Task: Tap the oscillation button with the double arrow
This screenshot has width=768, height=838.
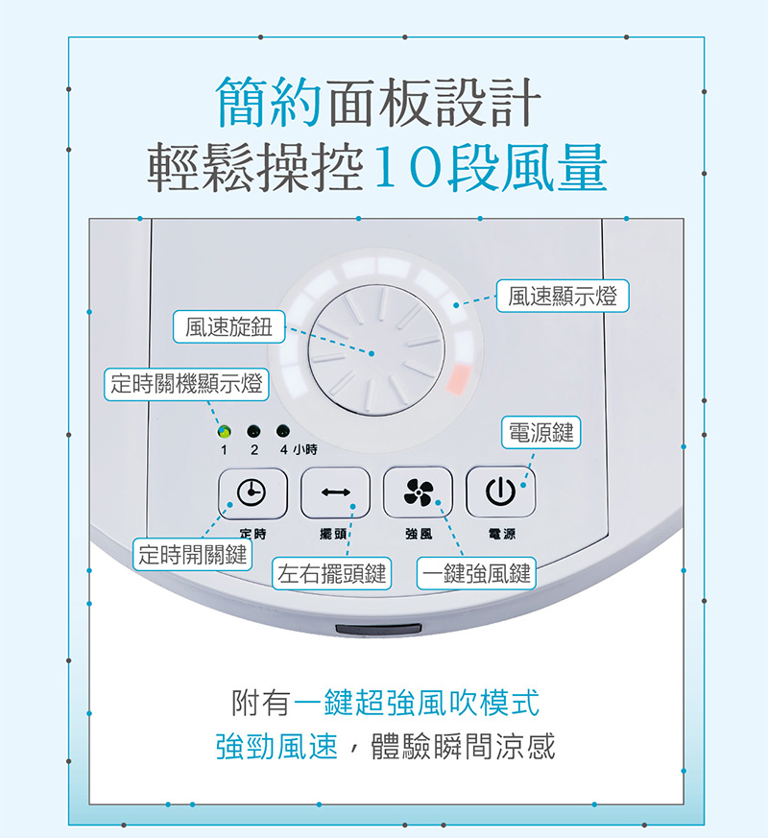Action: tap(336, 492)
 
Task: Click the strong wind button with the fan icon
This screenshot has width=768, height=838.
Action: tap(418, 492)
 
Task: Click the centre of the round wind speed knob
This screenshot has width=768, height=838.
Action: tap(376, 350)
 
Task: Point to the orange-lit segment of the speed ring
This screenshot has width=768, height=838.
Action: tap(459, 379)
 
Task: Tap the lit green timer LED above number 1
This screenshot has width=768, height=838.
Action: tap(225, 431)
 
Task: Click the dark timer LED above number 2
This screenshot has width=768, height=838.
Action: tap(253, 431)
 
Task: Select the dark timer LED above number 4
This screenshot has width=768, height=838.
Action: tap(283, 430)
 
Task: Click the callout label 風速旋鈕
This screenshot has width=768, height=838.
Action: tap(229, 326)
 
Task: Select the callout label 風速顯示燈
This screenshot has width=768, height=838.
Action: tap(563, 296)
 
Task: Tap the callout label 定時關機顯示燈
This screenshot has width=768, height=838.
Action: tap(186, 384)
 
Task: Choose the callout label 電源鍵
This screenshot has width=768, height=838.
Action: tap(540, 432)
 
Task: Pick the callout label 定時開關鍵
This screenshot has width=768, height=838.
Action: tap(192, 555)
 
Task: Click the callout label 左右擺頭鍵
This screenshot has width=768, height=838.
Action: tap(332, 573)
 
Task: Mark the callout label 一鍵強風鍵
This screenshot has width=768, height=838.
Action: tap(476, 573)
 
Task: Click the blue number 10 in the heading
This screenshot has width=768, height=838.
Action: tap(409, 167)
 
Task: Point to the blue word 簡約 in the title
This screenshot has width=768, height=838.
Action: tap(268, 102)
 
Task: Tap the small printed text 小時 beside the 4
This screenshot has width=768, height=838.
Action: tap(304, 449)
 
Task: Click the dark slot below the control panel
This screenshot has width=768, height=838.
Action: tap(378, 630)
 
